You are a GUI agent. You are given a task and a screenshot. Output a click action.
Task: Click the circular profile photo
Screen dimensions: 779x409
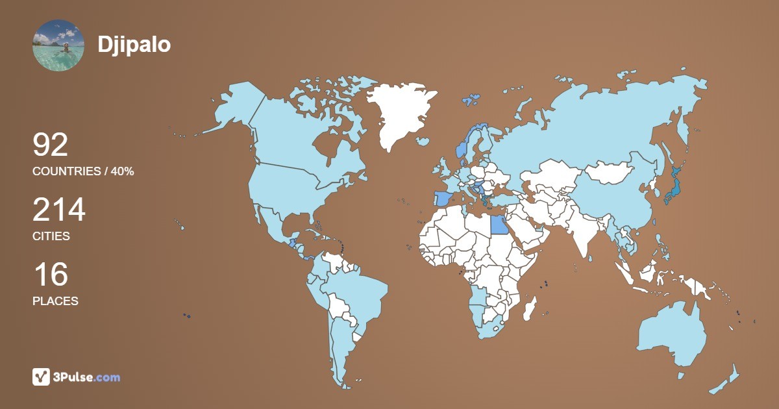click(x=58, y=45)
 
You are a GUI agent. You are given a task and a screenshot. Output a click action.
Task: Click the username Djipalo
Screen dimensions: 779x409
click(x=134, y=44)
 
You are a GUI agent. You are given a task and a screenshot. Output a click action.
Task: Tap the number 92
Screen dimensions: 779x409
click(x=51, y=145)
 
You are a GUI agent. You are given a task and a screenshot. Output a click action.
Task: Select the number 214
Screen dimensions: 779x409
click(x=59, y=210)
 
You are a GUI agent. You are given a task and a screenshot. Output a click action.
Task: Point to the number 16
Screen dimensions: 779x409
click(x=50, y=275)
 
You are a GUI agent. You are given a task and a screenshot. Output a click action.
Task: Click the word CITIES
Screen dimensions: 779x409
click(x=51, y=236)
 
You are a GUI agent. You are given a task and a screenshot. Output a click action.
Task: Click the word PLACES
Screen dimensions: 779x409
click(x=55, y=301)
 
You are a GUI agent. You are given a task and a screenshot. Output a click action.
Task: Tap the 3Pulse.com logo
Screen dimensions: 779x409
click(x=77, y=377)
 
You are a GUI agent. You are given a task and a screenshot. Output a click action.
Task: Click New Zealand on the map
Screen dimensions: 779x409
click(x=727, y=380)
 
